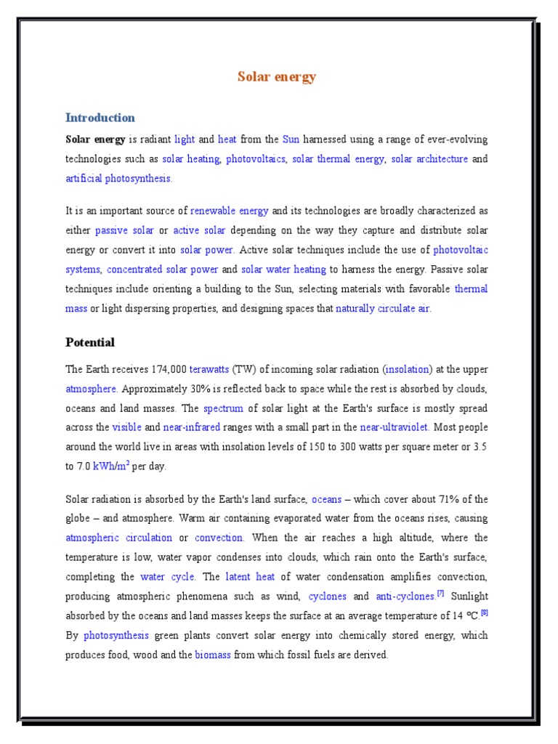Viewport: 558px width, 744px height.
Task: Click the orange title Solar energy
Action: coord(277,77)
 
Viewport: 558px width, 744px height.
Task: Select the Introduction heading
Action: coord(100,118)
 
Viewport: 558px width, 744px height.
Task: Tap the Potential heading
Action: coord(90,342)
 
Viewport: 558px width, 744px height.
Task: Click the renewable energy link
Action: coord(230,211)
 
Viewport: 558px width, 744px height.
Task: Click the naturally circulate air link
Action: coord(383,308)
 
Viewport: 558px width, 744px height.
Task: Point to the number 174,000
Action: coord(164,369)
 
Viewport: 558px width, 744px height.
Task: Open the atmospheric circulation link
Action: coord(119,538)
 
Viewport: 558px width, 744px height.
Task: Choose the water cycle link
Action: coord(167,577)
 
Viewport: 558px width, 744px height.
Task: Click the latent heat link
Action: coord(250,577)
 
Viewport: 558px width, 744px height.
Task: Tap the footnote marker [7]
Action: coord(440,594)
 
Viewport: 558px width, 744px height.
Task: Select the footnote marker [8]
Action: coord(484,613)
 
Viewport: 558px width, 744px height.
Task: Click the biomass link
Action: coord(213,655)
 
